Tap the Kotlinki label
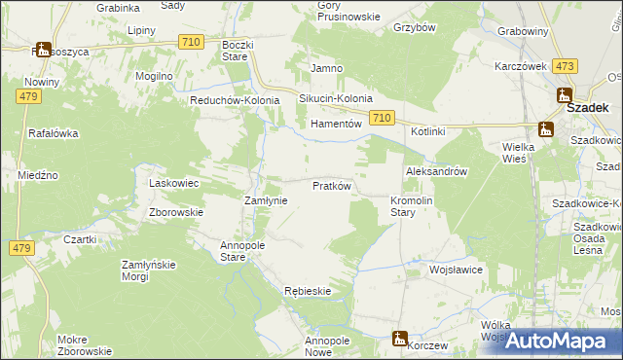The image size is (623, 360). tap(427, 131)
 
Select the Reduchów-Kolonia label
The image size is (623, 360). tap(235, 99)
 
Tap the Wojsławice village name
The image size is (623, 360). tap(457, 270)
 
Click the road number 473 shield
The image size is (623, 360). tap(564, 66)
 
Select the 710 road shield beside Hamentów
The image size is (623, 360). tap(382, 118)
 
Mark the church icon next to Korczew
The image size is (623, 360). tap(398, 338)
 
